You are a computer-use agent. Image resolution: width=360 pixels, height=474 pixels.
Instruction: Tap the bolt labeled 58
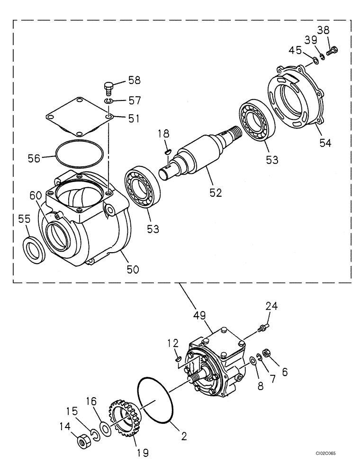tap(109, 88)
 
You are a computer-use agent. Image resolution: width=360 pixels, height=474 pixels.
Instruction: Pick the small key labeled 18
tap(167, 151)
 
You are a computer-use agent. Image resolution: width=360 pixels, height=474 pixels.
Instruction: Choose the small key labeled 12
tap(177, 359)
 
